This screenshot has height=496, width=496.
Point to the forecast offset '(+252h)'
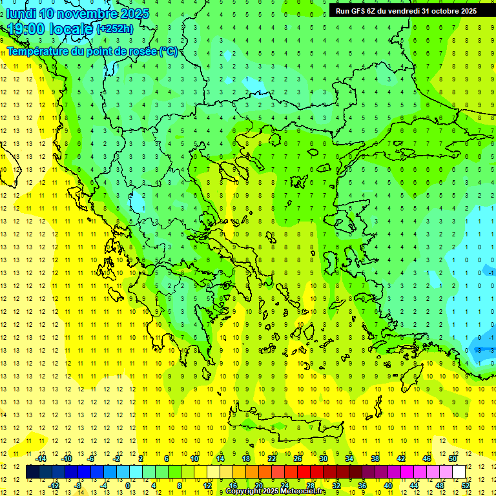114,29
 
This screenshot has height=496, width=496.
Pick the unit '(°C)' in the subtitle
169,51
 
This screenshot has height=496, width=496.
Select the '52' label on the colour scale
466,485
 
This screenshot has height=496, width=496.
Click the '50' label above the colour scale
452,459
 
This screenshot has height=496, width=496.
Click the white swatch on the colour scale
459,472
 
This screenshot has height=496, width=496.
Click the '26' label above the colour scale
297,459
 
